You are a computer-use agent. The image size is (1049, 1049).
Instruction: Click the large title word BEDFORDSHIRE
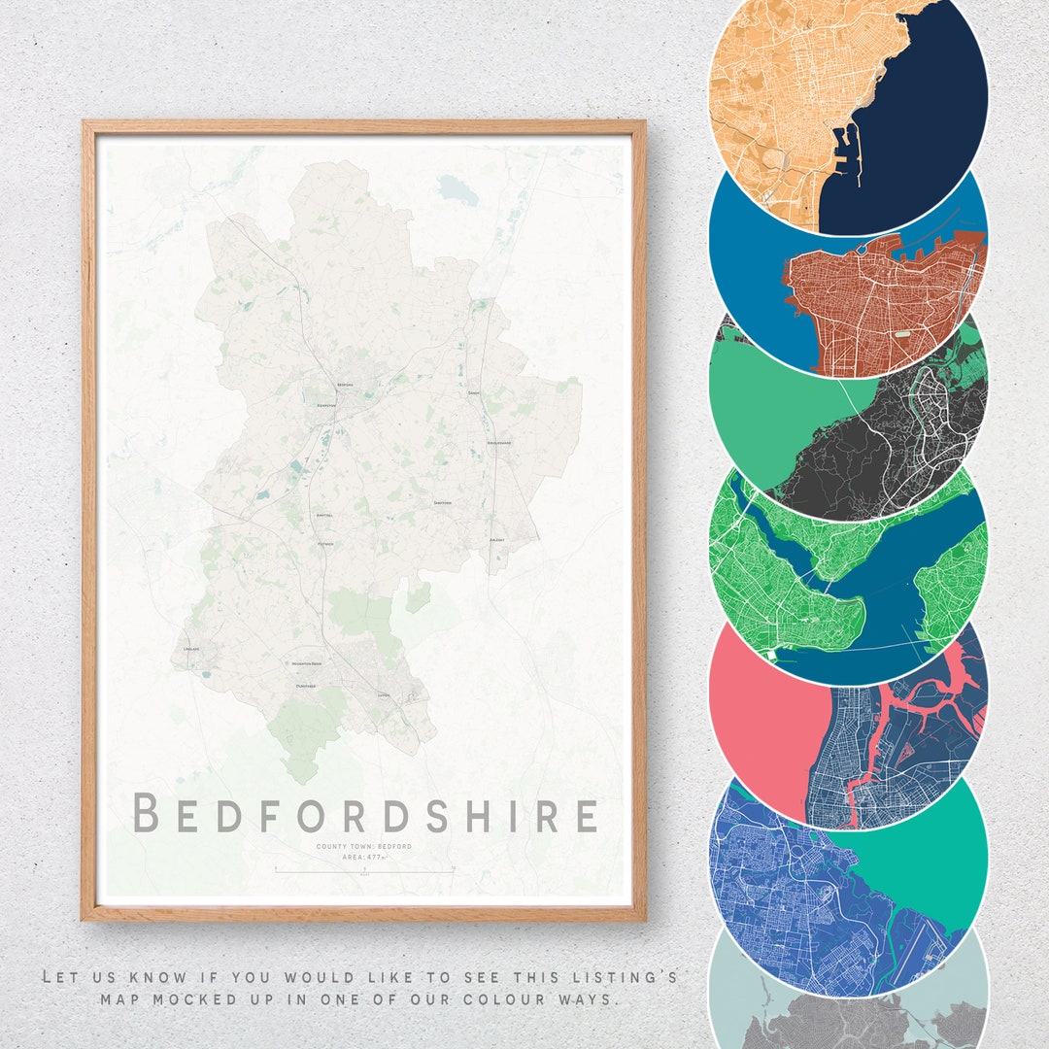click(365, 814)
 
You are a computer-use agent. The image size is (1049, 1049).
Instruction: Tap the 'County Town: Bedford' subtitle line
click(363, 847)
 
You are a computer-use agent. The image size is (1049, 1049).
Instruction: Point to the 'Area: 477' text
click(364, 858)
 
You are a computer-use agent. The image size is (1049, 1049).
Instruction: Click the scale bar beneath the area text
click(364, 871)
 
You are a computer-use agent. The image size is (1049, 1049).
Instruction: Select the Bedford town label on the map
click(345, 386)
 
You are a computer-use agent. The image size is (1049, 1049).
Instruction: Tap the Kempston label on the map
click(325, 405)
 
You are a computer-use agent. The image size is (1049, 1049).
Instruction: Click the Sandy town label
click(474, 392)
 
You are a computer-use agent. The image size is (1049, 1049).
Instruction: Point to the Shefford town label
click(442, 502)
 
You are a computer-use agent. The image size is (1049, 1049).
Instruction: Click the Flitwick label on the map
click(324, 544)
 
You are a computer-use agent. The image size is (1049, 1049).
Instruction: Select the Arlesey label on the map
click(497, 539)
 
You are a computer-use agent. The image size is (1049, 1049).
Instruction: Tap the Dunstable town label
click(306, 686)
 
